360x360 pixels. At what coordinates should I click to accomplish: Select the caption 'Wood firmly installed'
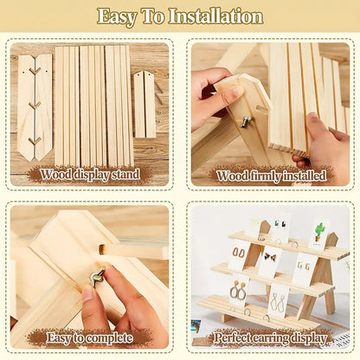click(x=271, y=176)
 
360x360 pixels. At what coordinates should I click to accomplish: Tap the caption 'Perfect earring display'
click(x=270, y=337)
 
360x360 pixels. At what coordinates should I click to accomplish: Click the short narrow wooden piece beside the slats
click(x=145, y=103)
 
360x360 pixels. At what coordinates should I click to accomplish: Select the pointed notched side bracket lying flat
click(x=34, y=106)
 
